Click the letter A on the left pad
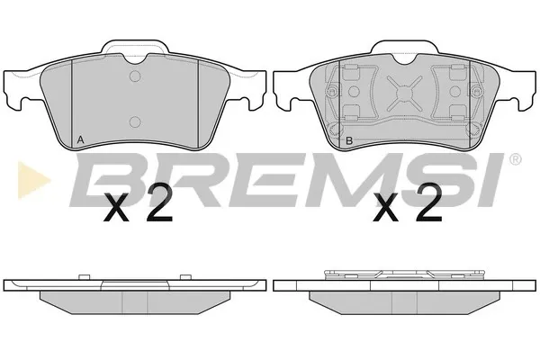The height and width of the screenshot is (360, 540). [80, 139]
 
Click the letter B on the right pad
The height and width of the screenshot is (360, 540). [349, 140]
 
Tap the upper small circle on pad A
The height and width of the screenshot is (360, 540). [135, 76]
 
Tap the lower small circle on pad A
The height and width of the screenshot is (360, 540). [135, 121]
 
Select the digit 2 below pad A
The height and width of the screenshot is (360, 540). [158, 202]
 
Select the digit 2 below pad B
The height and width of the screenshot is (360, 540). [428, 202]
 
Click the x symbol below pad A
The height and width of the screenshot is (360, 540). [116, 207]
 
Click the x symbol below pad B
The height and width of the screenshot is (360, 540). [386, 207]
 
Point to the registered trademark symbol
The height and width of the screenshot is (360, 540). [515, 159]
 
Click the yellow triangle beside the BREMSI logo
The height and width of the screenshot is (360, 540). [31, 180]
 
